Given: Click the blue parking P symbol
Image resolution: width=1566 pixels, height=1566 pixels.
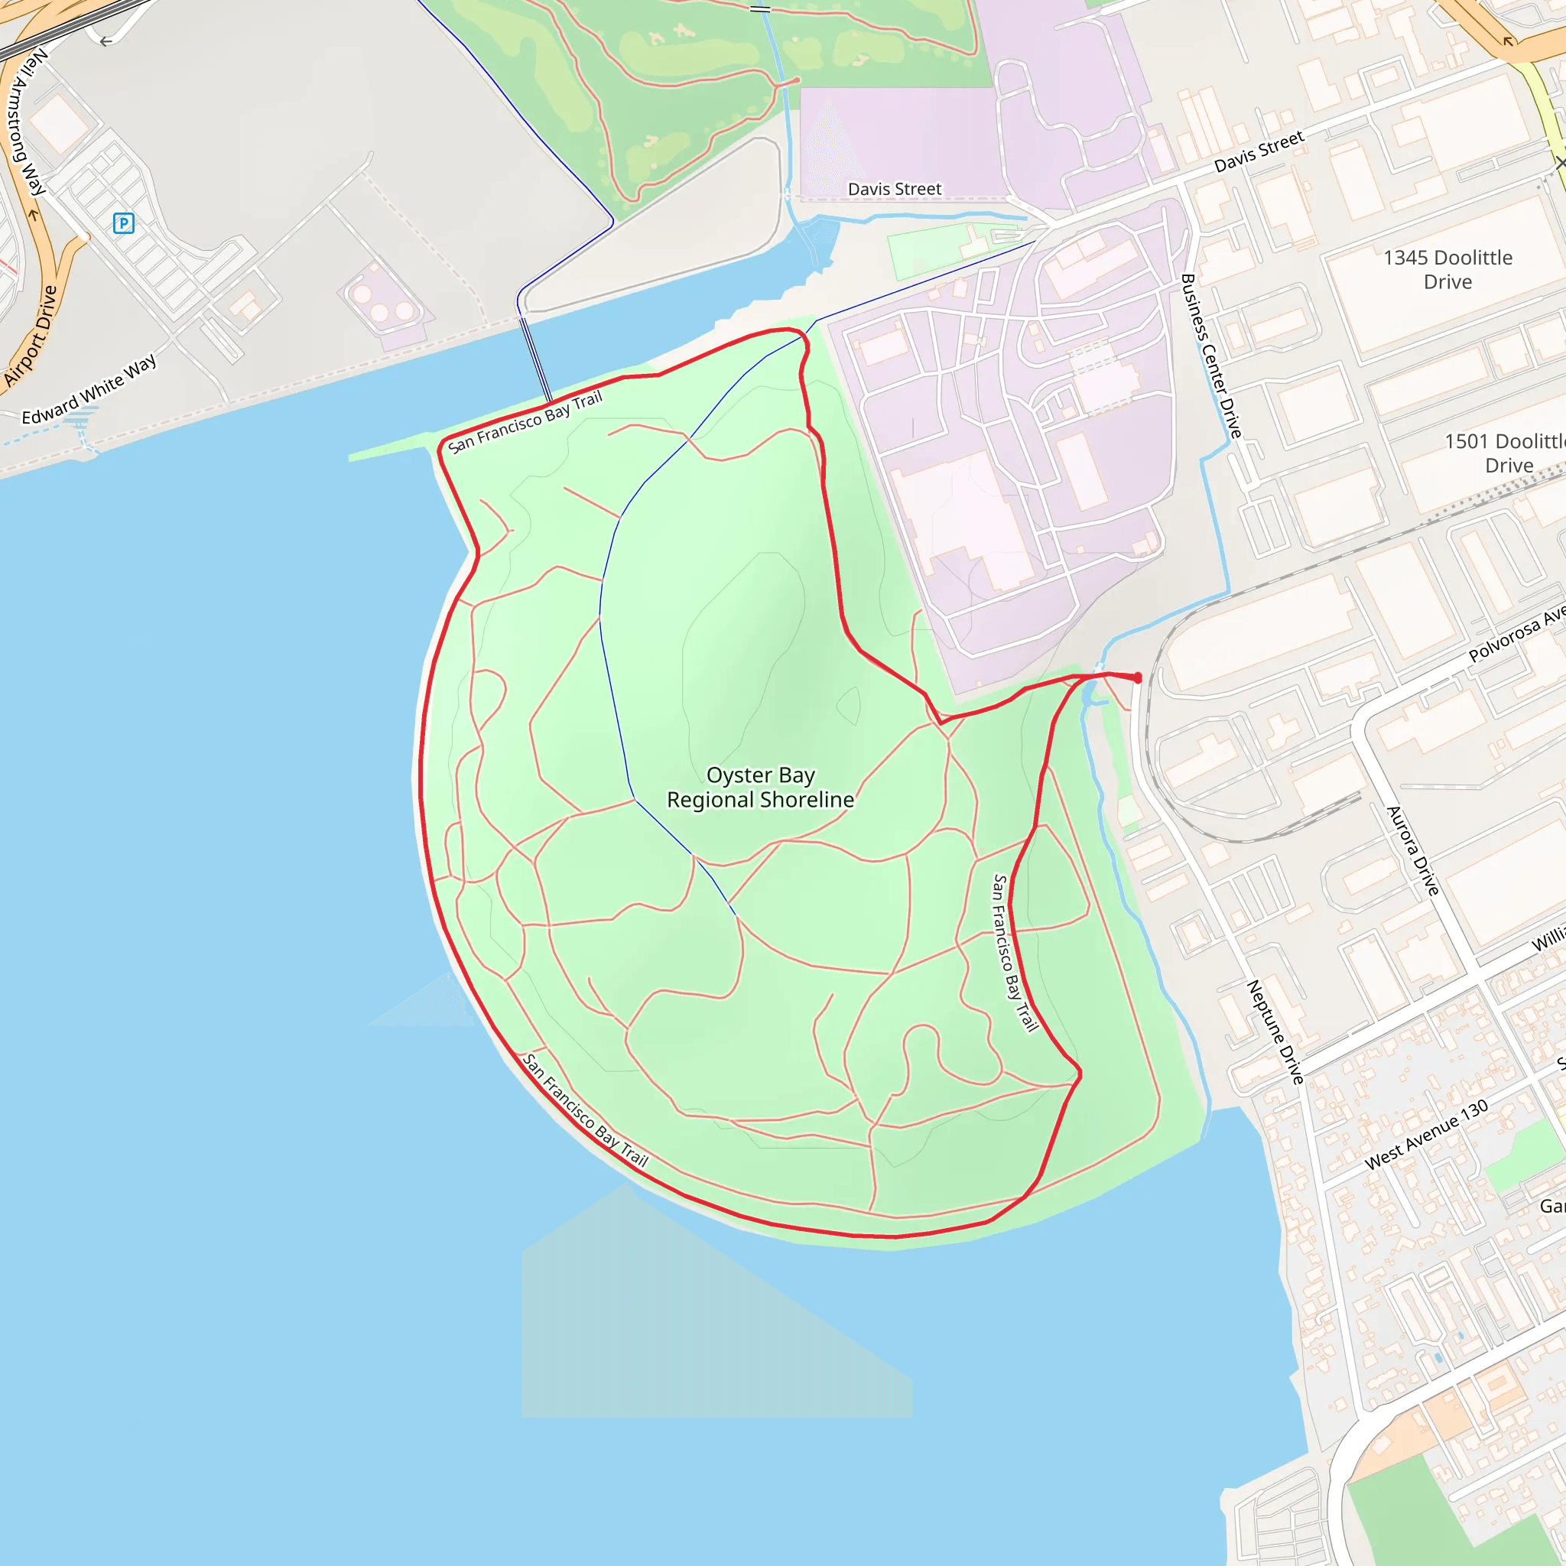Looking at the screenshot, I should (123, 223).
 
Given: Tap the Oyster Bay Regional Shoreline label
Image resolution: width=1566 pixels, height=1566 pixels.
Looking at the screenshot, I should (759, 787).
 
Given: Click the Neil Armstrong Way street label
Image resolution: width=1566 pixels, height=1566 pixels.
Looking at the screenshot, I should (26, 122).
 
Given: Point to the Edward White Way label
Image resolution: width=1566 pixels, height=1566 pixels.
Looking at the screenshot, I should (89, 389).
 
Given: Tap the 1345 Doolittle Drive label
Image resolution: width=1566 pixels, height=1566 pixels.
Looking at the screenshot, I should (1447, 269).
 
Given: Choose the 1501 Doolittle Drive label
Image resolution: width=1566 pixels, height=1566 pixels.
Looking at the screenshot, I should (1507, 453).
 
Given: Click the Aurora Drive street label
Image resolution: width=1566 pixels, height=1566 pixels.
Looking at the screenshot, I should (1413, 851).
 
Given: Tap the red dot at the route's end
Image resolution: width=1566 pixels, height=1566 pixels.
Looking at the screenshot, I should (1137, 677).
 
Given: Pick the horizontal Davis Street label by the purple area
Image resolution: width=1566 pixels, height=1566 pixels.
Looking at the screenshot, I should (894, 189).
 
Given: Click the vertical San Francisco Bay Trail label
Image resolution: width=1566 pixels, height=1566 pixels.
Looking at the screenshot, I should (1015, 953).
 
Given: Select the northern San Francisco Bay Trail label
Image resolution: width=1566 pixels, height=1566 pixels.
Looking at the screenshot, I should (525, 421).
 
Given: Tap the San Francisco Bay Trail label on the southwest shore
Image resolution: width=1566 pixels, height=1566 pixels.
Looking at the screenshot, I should (585, 1110).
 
